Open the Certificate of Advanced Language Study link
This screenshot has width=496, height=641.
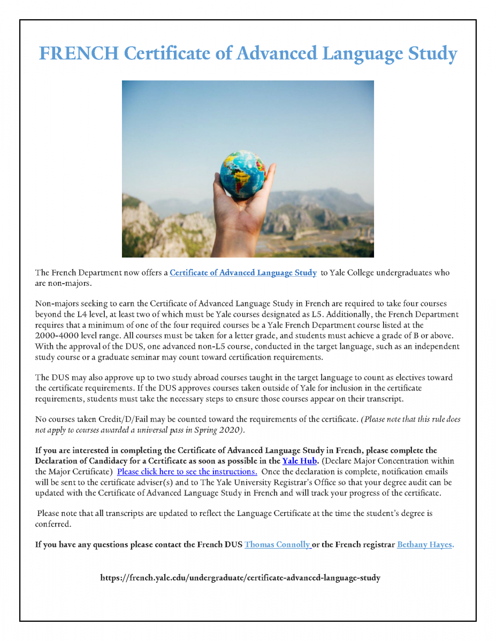(243, 273)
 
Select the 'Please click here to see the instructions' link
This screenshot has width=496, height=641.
(187, 472)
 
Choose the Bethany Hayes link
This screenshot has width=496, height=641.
(425, 545)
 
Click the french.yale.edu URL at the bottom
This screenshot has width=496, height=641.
(240, 577)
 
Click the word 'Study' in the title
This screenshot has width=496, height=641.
(431, 54)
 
